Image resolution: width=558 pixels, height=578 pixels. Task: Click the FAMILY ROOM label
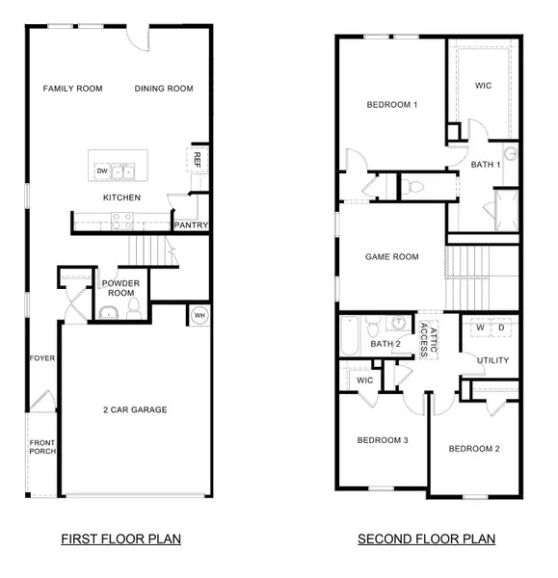pyautogui.click(x=72, y=89)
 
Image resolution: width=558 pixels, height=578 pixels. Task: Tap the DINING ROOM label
pyautogui.click(x=164, y=89)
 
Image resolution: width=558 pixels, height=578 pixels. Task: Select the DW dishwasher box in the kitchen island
pyautogui.click(x=102, y=171)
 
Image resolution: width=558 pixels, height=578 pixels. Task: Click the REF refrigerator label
pyautogui.click(x=197, y=159)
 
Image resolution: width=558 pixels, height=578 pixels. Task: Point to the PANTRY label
pyautogui.click(x=188, y=225)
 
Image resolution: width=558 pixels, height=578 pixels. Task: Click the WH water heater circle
pyautogui.click(x=199, y=315)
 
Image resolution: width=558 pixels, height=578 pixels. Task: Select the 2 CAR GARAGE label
pyautogui.click(x=135, y=409)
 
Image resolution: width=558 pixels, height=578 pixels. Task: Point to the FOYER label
pyautogui.click(x=42, y=358)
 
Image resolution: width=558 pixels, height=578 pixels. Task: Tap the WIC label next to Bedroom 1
pyautogui.click(x=484, y=85)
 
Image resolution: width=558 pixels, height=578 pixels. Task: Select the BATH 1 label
pyautogui.click(x=486, y=165)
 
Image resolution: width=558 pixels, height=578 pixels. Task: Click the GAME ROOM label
pyautogui.click(x=391, y=257)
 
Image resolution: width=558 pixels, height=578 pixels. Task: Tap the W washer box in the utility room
pyautogui.click(x=479, y=328)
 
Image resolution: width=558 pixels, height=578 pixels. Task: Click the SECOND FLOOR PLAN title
pyautogui.click(x=426, y=539)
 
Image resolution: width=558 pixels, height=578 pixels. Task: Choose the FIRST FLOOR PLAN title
pyautogui.click(x=120, y=539)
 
